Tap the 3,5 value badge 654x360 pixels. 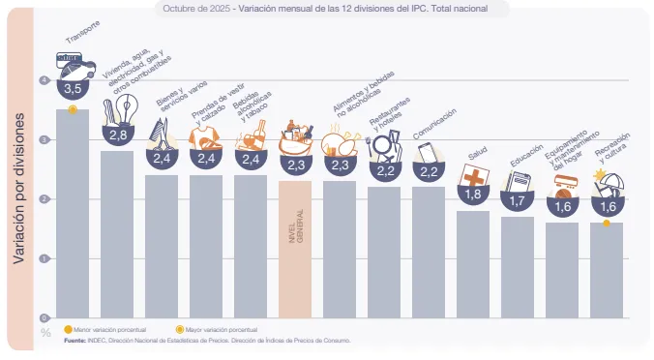[x=74, y=88]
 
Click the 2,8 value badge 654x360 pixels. [x=118, y=134]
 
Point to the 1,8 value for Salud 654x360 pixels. [x=473, y=194]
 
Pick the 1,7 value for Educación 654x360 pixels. [x=518, y=200]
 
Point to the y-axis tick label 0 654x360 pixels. [x=45, y=317]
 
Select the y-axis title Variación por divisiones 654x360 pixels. [x=19, y=184]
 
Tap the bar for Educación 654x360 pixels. [x=518, y=267]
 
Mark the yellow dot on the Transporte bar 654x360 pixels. [x=74, y=109]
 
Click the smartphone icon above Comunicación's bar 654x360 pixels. [x=427, y=153]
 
